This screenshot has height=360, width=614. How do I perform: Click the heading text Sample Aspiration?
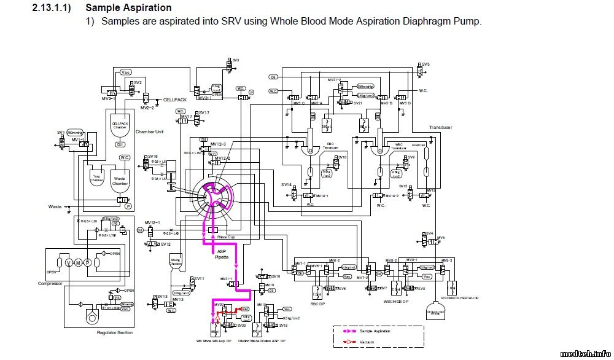pos(128,8)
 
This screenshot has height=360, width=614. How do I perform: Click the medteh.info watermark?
pos(587,353)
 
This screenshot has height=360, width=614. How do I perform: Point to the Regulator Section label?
pos(115,332)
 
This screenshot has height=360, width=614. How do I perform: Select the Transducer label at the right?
pos(441,127)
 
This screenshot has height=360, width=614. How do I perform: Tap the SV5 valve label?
pos(426,64)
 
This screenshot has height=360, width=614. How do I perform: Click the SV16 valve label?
pos(152,157)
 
